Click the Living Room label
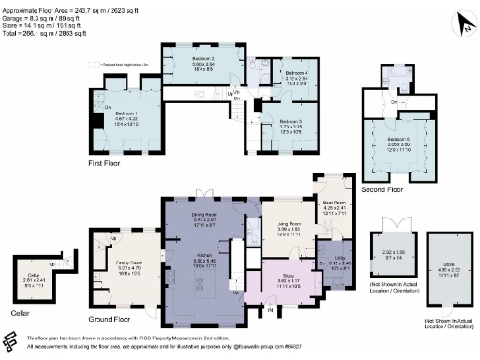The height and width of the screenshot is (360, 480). [288, 226]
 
